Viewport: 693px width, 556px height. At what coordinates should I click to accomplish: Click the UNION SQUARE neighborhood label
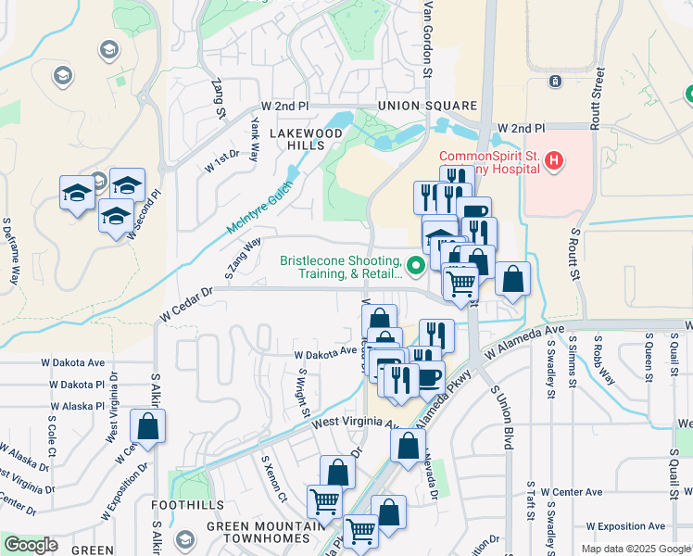[418, 107]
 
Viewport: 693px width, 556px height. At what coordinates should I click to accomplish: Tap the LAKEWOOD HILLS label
[305, 140]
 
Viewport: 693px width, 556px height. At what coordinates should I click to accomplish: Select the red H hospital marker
[554, 162]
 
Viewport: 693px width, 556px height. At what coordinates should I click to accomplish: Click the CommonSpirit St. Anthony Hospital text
[489, 162]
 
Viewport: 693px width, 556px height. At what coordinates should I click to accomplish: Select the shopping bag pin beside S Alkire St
[147, 427]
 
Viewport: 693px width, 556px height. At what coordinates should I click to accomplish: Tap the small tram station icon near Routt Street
[555, 82]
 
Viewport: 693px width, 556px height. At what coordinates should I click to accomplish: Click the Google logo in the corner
[31, 545]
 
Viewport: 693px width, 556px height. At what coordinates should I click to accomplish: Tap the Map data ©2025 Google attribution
[635, 549]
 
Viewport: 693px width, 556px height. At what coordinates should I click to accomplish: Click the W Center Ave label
[572, 492]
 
